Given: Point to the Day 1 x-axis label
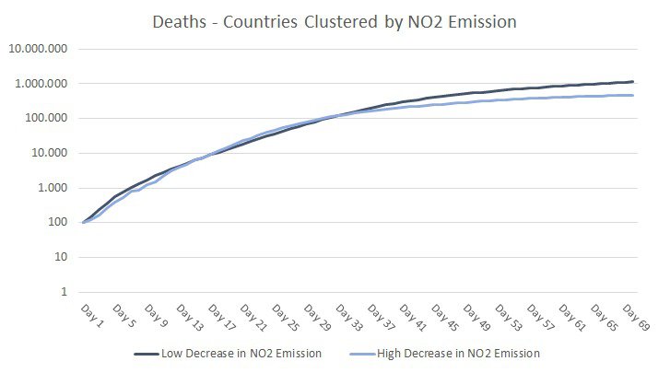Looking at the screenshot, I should (89, 313).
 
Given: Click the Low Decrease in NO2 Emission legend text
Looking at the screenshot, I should (237, 353).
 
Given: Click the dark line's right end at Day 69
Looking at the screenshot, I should (633, 82).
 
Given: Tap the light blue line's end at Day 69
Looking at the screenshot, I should (633, 95).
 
